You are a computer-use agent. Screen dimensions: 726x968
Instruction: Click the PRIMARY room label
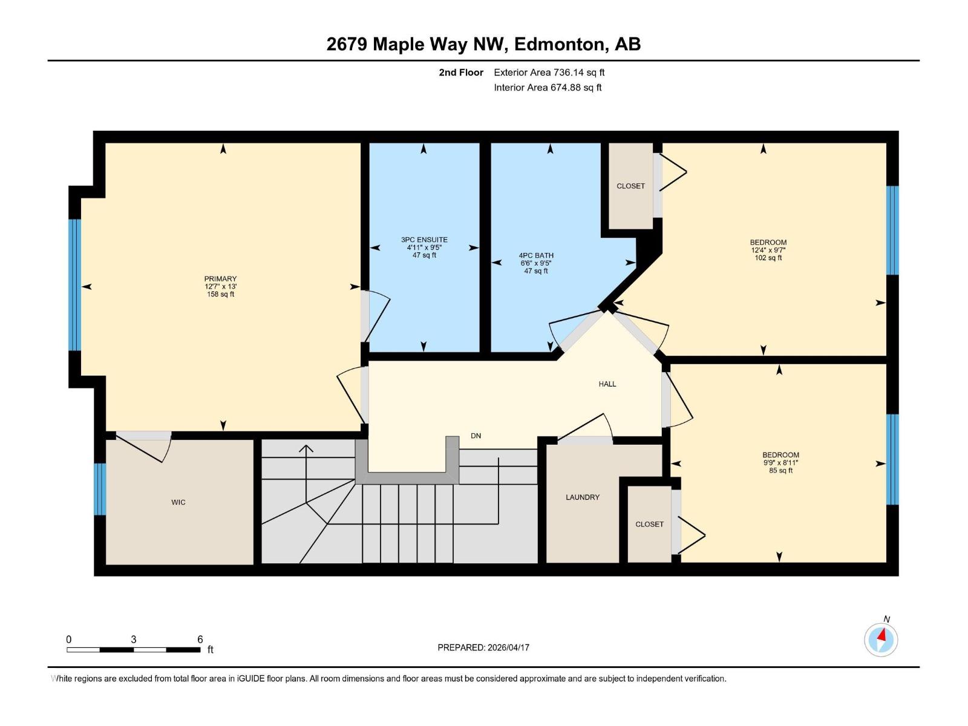click(x=220, y=279)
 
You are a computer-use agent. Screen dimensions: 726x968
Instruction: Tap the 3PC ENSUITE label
click(x=424, y=240)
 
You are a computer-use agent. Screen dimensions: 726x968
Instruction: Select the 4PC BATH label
click(x=536, y=255)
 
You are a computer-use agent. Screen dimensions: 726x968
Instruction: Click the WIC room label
click(x=178, y=502)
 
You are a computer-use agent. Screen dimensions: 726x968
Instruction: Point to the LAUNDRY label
click(x=582, y=497)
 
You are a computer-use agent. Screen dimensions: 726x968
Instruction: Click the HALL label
click(x=607, y=384)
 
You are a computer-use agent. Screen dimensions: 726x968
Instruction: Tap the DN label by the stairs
click(x=476, y=436)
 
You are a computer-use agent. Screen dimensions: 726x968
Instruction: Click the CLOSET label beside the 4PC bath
click(x=630, y=186)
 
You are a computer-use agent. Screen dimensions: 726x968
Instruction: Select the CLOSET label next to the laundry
click(x=649, y=524)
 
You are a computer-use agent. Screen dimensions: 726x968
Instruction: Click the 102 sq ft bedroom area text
click(x=768, y=258)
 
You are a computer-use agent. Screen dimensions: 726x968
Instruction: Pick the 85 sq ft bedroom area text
click(x=780, y=470)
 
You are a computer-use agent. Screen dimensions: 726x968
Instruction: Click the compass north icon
click(x=881, y=639)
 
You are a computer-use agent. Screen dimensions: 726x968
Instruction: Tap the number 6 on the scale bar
click(x=200, y=639)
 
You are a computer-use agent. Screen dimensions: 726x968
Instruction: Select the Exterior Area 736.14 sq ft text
click(x=549, y=72)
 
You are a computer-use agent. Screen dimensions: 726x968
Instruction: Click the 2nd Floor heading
click(x=461, y=72)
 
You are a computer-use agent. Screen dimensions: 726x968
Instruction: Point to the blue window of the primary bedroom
click(x=74, y=284)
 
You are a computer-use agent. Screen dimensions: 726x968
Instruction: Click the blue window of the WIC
click(x=100, y=489)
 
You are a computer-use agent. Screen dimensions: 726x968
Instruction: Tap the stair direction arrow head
click(x=306, y=449)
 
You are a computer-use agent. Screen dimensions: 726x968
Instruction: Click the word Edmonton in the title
click(x=560, y=44)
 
